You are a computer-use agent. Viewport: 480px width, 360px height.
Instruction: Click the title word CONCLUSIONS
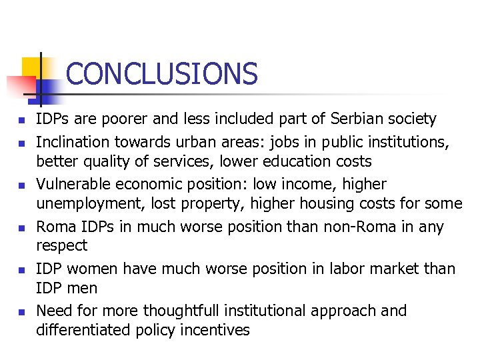161,73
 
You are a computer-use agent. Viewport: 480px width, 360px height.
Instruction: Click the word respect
61,247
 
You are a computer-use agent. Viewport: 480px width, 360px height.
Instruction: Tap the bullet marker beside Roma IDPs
22,228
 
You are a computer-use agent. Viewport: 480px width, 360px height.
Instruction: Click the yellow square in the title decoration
31,67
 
